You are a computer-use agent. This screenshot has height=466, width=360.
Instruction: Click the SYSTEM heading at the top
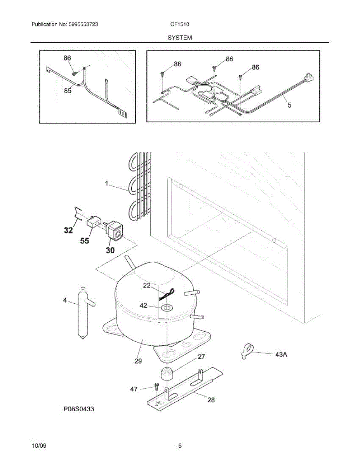coord(180,38)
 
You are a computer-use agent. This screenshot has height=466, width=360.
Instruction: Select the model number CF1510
coord(180,24)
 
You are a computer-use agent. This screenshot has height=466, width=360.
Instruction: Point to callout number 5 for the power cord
coord(289,104)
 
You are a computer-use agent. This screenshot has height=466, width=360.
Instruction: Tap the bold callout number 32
coord(68,231)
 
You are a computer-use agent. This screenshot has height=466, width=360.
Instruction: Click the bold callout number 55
coord(84,241)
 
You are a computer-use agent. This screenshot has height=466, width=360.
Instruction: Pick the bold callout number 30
coord(110,250)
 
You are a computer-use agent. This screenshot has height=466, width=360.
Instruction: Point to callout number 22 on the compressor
coord(146,285)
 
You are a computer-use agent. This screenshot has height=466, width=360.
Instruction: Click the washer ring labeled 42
coord(167,308)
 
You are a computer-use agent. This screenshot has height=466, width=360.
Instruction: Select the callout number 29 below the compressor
coord(138,361)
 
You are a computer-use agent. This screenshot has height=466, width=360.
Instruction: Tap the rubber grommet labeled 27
coord(167,374)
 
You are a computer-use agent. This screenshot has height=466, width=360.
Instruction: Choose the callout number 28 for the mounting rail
coord(211,399)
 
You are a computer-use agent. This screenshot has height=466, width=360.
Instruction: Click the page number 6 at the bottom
coord(180,446)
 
